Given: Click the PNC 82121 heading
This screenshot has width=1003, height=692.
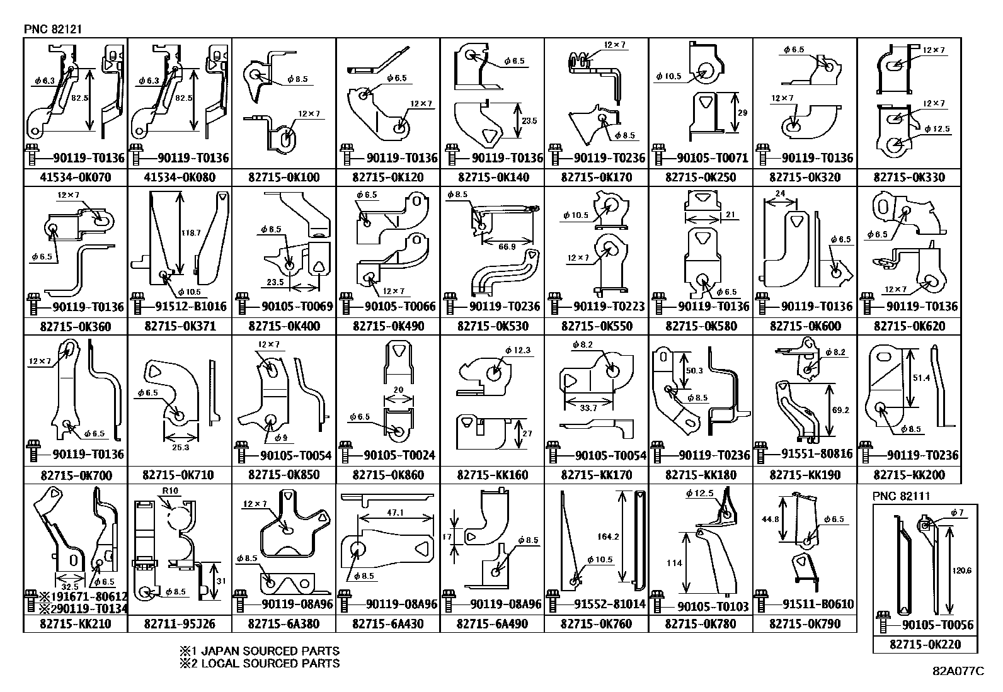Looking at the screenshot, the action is coord(53,29).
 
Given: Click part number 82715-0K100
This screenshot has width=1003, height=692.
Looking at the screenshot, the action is coord(284,178).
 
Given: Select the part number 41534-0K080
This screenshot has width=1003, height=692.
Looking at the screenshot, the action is coord(180,178).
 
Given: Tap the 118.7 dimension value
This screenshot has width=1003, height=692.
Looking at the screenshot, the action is coord(191,233).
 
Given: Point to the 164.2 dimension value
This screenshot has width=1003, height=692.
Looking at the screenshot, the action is coord(608,536).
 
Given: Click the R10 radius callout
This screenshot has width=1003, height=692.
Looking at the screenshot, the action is coord(170,491).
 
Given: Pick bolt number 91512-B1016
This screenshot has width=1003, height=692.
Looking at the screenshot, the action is coord(191,306).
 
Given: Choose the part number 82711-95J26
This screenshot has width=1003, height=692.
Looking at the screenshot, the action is coord(180,623).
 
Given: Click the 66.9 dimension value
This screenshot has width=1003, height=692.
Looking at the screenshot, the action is coord(507,247).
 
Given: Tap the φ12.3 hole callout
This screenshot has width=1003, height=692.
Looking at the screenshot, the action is coord(518,351).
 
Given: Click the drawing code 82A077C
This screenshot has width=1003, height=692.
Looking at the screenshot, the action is coord(958,671).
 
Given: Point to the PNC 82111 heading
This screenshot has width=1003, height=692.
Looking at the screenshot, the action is coord(901,496).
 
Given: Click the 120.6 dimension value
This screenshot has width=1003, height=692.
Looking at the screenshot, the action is coord(962,570).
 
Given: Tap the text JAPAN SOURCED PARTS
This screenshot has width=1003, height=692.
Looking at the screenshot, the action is coord(270,651).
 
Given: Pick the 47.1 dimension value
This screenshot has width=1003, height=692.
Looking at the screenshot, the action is coord(396,512).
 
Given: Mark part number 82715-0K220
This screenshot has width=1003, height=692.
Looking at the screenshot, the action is coord(925,644).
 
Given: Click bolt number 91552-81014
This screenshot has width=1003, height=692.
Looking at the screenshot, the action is coord(610,604).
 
